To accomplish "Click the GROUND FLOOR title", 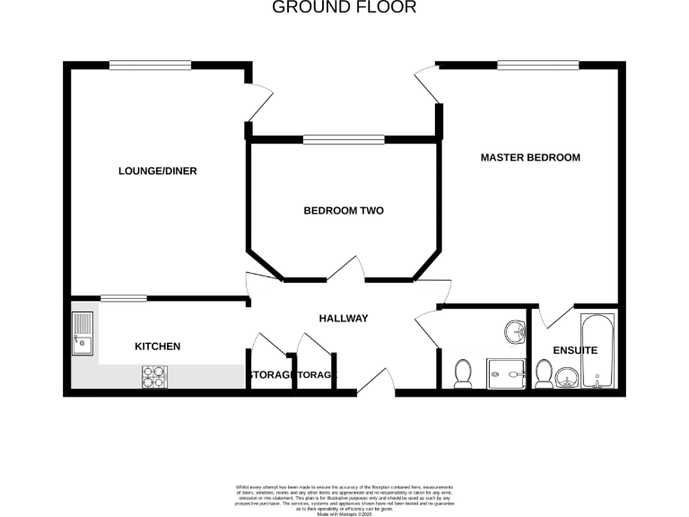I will coord(344,8).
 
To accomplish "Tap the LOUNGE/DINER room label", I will coord(158,171).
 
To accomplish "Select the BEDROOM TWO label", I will coord(344,211).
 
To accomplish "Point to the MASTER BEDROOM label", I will coord(530,157).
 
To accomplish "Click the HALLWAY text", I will coord(344,319).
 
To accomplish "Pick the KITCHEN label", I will coord(158,346).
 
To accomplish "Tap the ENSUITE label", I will coord(575,351).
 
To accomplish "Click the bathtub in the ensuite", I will coord(597,351).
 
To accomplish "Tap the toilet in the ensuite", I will coord(544,372).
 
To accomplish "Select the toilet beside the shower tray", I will coord(464,373).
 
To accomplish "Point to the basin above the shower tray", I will coord(513,331).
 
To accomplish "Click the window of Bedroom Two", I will coord(344,138).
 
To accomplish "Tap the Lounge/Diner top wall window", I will coord(150,65).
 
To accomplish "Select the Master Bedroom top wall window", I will coord(538,65).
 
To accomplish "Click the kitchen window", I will coord(124,299).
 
